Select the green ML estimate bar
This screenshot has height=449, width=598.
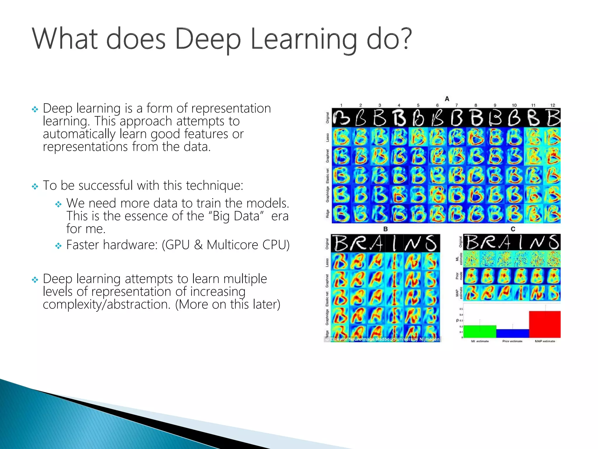(x=480, y=331)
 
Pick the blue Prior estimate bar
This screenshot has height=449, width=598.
(x=512, y=334)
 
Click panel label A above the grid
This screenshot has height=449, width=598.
(x=447, y=99)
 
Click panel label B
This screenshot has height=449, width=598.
(x=385, y=229)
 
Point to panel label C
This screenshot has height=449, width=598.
(x=513, y=229)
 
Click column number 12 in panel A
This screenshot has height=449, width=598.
(x=552, y=105)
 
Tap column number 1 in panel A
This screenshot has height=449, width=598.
(x=341, y=105)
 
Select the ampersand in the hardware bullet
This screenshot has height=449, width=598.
(x=199, y=245)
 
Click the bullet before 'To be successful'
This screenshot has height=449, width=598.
(x=35, y=186)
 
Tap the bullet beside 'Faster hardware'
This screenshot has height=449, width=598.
(x=58, y=246)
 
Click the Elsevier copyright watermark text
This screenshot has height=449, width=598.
(x=383, y=339)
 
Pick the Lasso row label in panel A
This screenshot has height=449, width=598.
(x=328, y=137)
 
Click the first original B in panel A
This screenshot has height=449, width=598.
(x=341, y=118)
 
